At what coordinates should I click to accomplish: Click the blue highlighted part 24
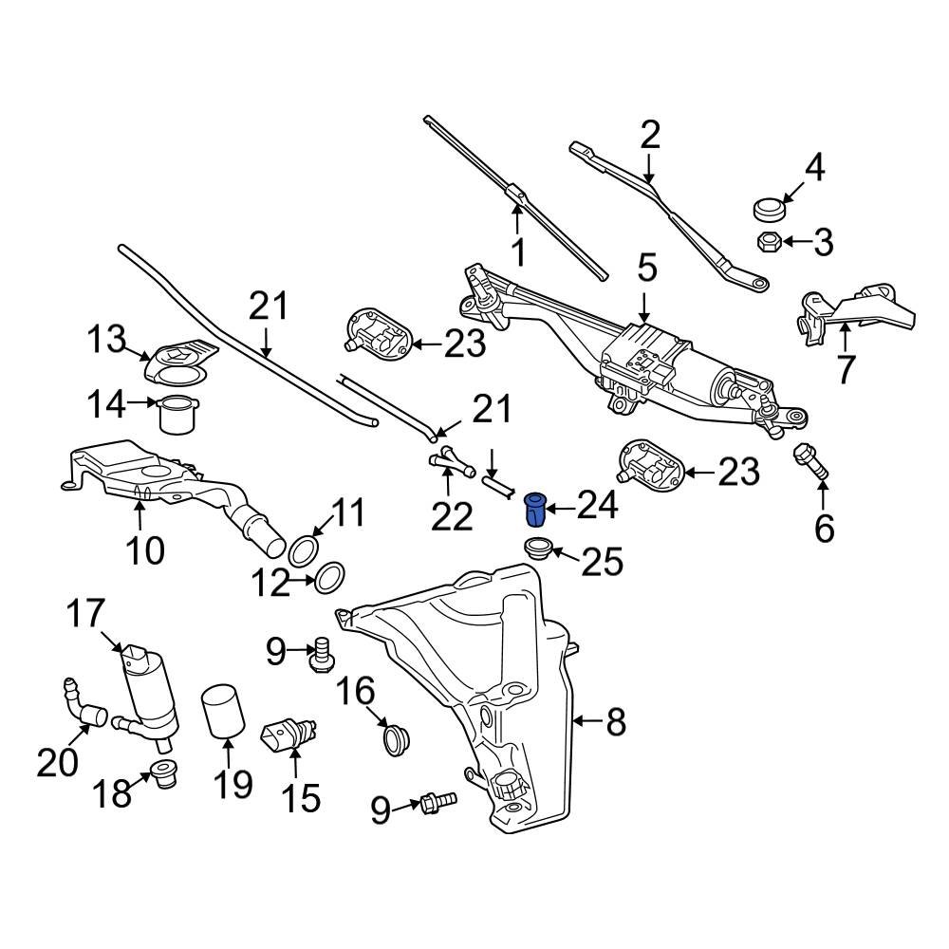536,509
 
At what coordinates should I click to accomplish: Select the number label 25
601,562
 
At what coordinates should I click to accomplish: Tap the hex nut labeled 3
769,241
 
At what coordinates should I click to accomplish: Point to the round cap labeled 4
766,208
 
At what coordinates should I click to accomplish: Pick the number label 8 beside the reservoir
616,723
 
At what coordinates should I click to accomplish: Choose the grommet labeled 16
394,737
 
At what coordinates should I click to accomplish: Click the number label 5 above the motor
646,269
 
